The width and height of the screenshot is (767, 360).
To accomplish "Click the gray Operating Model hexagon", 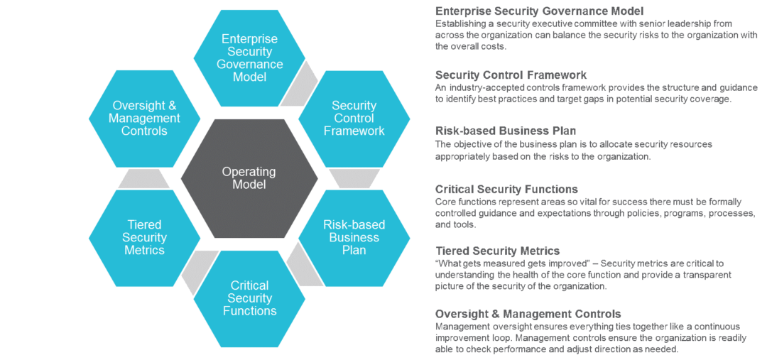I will [249, 178].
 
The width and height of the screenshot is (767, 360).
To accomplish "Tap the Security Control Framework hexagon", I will [354, 118].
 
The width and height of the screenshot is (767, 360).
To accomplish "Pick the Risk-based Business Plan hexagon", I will [354, 237].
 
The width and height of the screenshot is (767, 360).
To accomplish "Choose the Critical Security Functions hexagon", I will [249, 298].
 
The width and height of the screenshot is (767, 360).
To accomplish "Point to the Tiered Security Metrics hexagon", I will [144, 237].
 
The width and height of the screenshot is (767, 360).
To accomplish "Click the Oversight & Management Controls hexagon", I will [144, 118].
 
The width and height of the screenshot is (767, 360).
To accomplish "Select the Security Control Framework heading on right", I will [511, 75].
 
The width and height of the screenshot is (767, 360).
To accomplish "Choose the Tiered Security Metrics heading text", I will [497, 251].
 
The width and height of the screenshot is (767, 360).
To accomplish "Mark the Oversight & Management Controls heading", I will [528, 313].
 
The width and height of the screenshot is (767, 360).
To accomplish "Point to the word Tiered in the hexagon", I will [144, 225].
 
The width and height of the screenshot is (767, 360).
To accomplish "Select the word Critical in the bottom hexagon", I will [249, 286].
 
